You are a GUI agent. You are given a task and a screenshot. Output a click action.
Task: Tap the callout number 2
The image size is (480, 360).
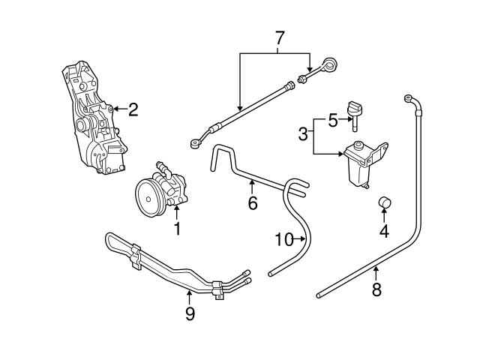coord(133,110)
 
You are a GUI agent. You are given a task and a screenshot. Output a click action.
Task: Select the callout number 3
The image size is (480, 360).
coord(303,134)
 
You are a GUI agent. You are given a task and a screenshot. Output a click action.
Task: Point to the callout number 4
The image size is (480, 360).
coord(384,232)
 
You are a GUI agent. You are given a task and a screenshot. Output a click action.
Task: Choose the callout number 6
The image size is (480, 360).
coord(252,203)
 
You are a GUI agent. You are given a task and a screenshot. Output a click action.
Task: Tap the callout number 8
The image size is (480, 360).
coord(376,289)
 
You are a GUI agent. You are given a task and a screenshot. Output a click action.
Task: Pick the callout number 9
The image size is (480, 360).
coord(189,313)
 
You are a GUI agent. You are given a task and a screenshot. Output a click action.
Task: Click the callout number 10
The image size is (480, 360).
coord(283,240)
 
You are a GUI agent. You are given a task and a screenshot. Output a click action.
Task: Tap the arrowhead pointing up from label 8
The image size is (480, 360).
coord(376,268)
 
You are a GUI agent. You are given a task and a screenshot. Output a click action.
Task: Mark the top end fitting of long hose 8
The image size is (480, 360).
coord(409,97)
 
